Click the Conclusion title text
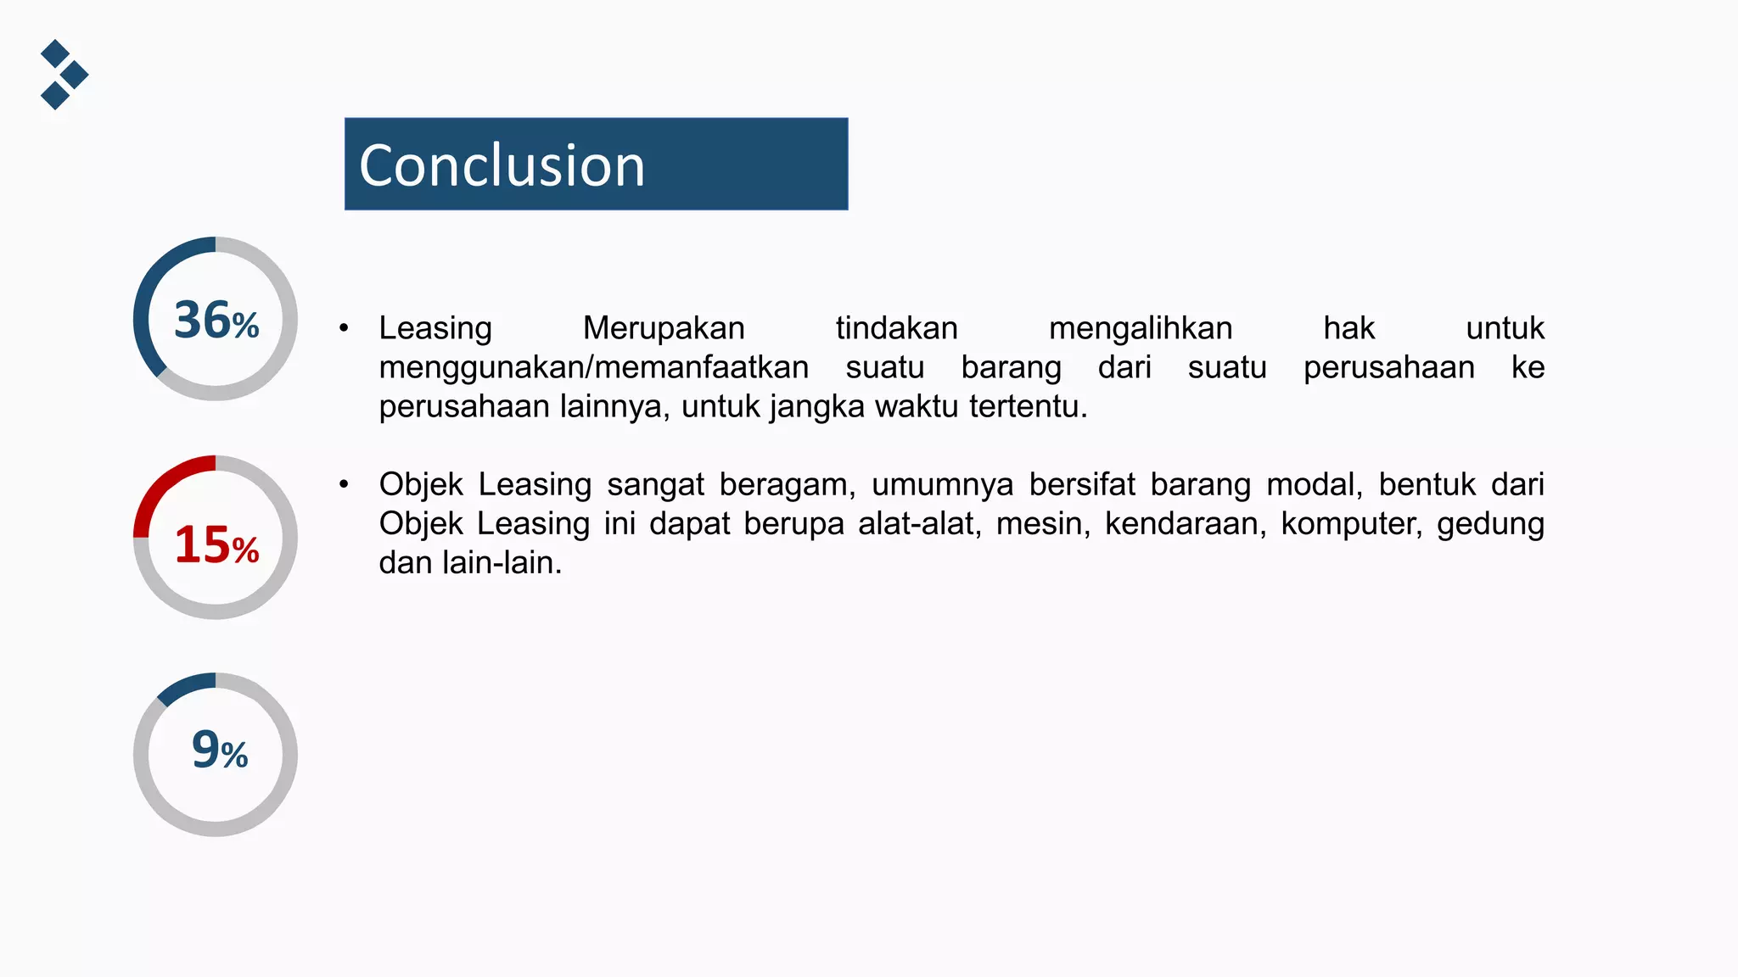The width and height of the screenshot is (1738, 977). tap(502, 165)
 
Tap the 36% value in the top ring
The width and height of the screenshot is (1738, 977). tap(216, 321)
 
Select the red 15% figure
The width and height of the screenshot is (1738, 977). tap(216, 544)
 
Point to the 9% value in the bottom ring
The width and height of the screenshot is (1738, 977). tap(219, 751)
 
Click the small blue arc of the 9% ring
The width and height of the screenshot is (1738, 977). tap(187, 685)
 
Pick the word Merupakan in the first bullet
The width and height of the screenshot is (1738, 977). tap(664, 328)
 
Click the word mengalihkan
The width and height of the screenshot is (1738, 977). tap(1140, 328)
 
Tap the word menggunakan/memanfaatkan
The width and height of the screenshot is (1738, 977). tap(593, 367)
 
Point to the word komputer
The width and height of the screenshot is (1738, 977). tap(1351, 523)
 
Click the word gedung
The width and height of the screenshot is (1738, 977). tap(1490, 525)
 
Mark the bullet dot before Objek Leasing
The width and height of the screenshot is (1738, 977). tap(344, 484)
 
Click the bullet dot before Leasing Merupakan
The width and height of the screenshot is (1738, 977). tap(344, 328)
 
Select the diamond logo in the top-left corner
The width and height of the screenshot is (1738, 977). tap(64, 75)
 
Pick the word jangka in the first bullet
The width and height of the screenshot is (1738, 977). tap(817, 408)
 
